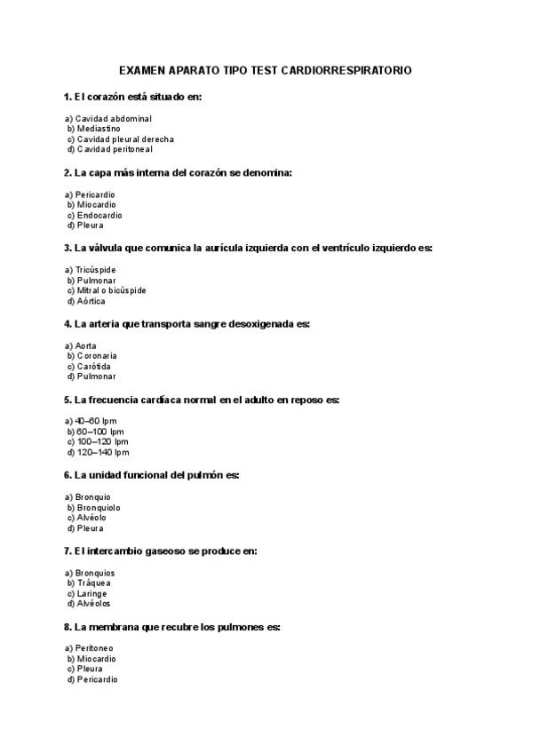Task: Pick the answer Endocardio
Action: pyautogui.click(x=99, y=215)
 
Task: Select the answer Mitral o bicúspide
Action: pyautogui.click(x=111, y=290)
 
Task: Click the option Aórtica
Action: pyautogui.click(x=91, y=301)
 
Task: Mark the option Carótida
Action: pyautogui.click(x=95, y=366)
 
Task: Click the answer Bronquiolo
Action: pyautogui.click(x=99, y=508)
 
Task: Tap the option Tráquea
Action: pyautogui.click(x=94, y=583)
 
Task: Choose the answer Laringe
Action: pyautogui.click(x=92, y=593)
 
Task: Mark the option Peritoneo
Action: pyautogui.click(x=95, y=649)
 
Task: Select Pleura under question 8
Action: pyautogui.click(x=90, y=669)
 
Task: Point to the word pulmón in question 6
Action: pyautogui.click(x=203, y=476)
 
